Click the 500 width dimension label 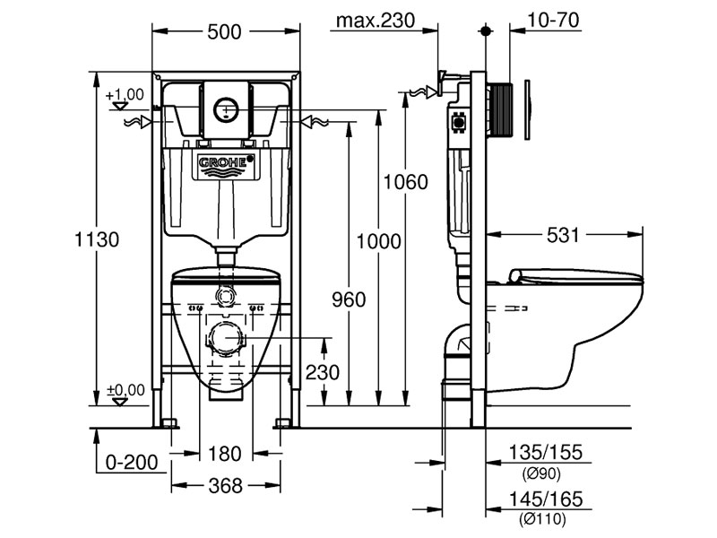coord(224,32)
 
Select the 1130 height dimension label coord(97,239)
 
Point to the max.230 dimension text coord(376,20)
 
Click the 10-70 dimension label coord(553,20)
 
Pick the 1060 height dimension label coord(406,182)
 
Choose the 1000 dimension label coord(378,241)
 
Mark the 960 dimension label coord(349,299)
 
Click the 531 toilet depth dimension coord(563,235)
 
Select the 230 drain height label coord(323,372)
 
